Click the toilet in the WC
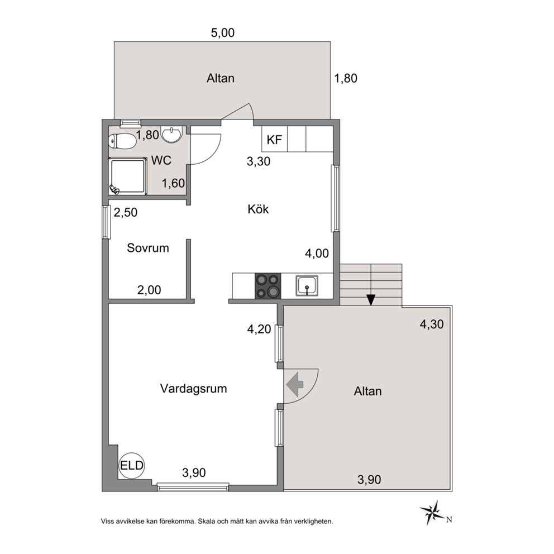pyautogui.click(x=122, y=142)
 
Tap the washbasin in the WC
pyautogui.click(x=171, y=135)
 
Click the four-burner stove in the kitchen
pyautogui.click(x=268, y=286)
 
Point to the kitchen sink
pyautogui.click(x=307, y=285)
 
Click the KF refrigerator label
pyautogui.click(x=274, y=140)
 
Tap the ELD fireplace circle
pyautogui.click(x=132, y=465)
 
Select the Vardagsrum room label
pyautogui.click(x=193, y=389)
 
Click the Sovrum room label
pyautogui.click(x=147, y=248)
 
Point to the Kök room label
pyautogui.click(x=258, y=209)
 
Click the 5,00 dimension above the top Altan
pyautogui.click(x=223, y=33)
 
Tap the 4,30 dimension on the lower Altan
pyautogui.click(x=431, y=324)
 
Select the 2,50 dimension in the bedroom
pyautogui.click(x=126, y=212)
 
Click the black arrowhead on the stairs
pyautogui.click(x=371, y=300)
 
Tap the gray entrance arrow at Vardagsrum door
pyautogui.click(x=295, y=384)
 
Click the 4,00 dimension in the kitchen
pyautogui.click(x=317, y=254)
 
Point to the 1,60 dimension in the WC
pyautogui.click(x=173, y=183)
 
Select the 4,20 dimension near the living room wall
pyautogui.click(x=259, y=329)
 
